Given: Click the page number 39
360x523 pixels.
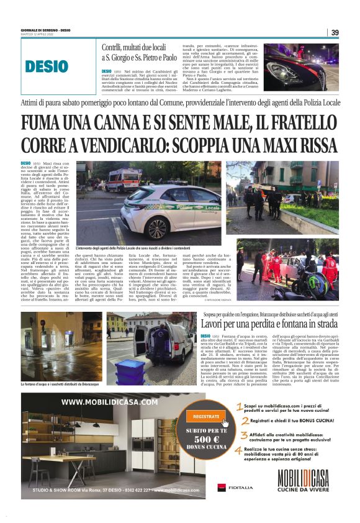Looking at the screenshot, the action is click(x=335, y=32).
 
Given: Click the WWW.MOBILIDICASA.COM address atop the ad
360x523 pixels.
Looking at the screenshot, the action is click(x=110, y=401).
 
